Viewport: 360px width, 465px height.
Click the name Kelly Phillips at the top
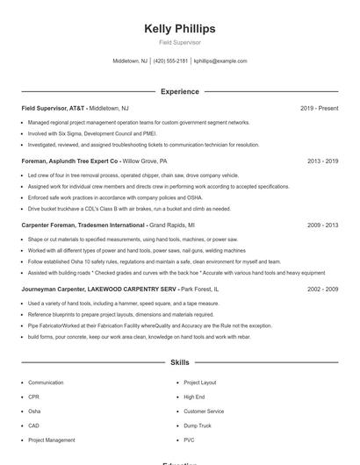click(x=179, y=29)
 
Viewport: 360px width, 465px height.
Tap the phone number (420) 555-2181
click(x=171, y=61)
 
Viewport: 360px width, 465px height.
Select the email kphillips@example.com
click(x=220, y=61)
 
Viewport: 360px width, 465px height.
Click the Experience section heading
click(x=179, y=91)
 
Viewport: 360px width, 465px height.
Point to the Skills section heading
click(x=179, y=361)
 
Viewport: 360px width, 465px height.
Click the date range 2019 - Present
click(x=319, y=108)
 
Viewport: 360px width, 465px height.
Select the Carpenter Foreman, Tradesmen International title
click(x=83, y=225)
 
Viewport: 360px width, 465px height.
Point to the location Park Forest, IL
click(x=199, y=289)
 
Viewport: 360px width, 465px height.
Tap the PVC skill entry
click(x=189, y=440)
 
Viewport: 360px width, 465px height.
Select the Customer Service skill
click(x=204, y=411)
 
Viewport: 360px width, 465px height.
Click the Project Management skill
click(x=51, y=440)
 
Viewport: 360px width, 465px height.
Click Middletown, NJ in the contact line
click(x=130, y=61)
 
